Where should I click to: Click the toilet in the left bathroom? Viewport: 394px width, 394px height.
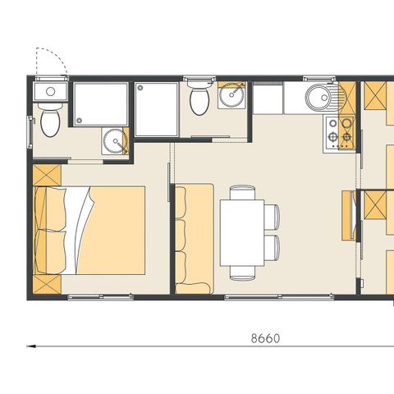click(51, 123)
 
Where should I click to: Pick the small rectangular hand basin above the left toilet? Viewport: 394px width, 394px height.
click(49, 91)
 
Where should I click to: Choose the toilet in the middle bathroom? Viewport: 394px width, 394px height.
click(198, 102)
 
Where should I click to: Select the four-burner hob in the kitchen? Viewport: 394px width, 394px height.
click(340, 131)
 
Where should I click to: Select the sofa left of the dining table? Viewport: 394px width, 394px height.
click(195, 237)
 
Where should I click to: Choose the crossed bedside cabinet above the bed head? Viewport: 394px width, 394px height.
click(47, 176)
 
